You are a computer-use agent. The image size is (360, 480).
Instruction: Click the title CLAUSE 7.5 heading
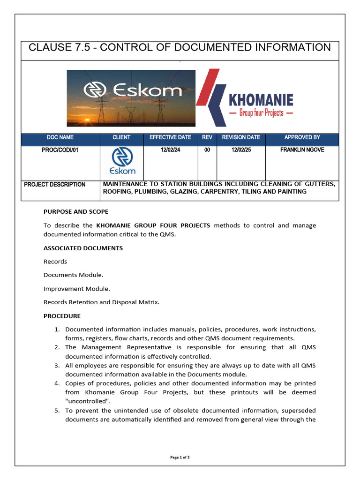click(180, 48)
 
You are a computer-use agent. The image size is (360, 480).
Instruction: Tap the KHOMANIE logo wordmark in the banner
click(261, 100)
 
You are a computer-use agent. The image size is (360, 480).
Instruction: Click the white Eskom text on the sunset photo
click(133, 90)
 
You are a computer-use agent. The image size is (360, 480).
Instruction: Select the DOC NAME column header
click(60, 137)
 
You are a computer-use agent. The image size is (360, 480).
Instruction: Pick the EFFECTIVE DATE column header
click(170, 137)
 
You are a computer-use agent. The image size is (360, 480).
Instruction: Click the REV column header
click(207, 137)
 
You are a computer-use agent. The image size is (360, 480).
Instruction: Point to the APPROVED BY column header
click(302, 137)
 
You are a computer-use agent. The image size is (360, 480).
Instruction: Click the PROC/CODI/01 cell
click(60, 150)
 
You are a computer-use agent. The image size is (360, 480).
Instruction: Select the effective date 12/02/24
click(170, 150)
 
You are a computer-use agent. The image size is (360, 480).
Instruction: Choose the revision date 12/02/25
click(240, 150)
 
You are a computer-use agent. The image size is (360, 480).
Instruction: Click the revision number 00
click(207, 150)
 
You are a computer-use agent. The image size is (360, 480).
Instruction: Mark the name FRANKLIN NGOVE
click(302, 150)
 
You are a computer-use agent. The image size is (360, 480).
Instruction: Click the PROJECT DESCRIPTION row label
click(55, 185)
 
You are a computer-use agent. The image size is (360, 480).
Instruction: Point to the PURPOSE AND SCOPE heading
click(76, 212)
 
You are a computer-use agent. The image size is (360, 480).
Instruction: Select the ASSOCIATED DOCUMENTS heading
click(83, 248)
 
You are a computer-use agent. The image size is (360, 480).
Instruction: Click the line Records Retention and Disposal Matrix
click(101, 302)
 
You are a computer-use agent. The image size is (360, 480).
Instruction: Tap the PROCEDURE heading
click(62, 316)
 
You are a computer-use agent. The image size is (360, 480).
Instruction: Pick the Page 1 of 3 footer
click(180, 457)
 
